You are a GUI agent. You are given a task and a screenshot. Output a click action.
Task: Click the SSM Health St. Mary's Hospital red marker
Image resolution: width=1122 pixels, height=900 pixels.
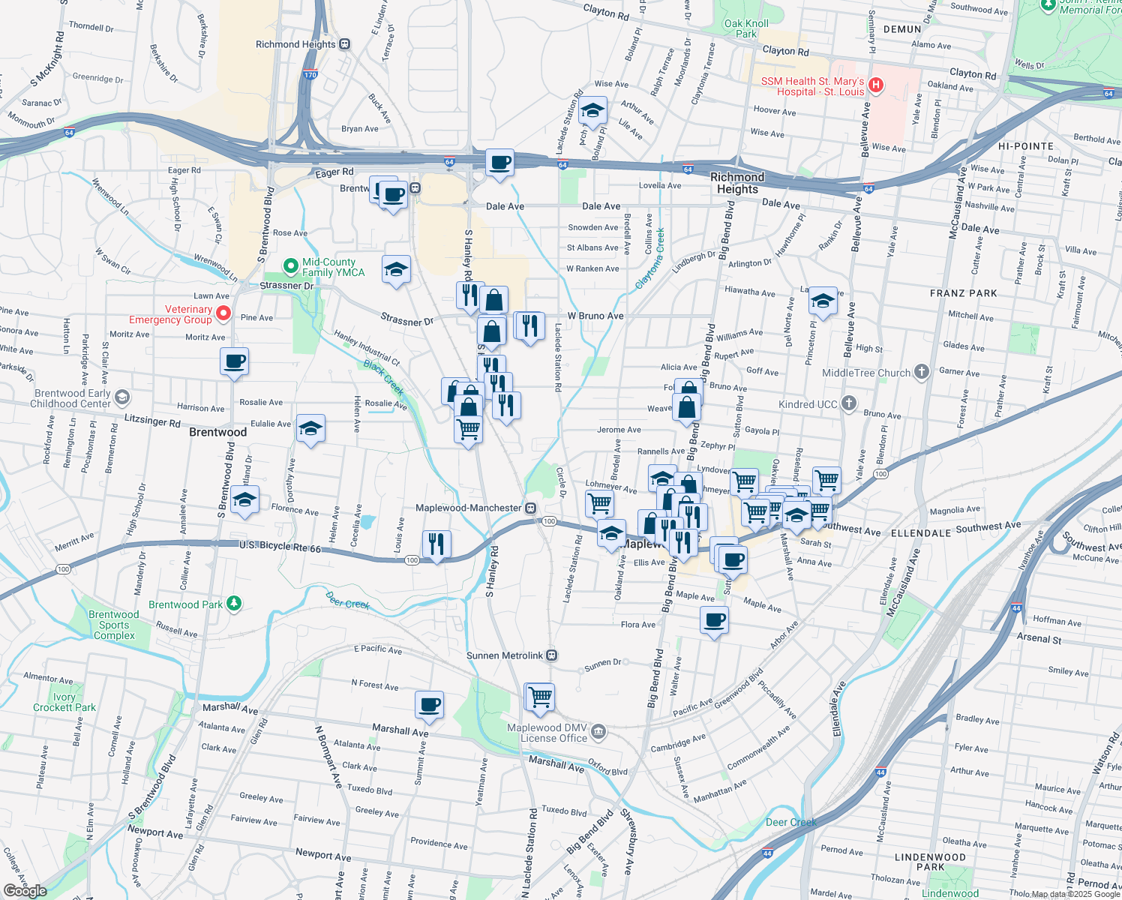coord(875,86)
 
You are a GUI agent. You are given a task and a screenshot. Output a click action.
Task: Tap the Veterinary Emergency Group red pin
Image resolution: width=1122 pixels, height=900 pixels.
coord(223,313)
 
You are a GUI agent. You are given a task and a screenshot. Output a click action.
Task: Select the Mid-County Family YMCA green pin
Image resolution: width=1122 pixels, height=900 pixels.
coord(290,266)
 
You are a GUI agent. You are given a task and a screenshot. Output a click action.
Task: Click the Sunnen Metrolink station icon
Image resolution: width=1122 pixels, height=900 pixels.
coord(552,655)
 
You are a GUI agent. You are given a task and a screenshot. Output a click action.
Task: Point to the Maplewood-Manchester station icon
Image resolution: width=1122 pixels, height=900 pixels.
coord(531,508)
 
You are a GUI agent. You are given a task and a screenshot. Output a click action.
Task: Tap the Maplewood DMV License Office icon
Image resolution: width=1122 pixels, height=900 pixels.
coord(598,732)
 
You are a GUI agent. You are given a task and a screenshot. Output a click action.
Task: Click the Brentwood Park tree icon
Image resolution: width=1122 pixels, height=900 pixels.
coord(234,603)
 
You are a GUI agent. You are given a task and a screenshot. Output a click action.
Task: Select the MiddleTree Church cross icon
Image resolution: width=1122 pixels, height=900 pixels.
coord(922,372)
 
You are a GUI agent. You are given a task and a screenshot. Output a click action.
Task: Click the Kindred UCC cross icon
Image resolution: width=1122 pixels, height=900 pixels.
coord(849,403)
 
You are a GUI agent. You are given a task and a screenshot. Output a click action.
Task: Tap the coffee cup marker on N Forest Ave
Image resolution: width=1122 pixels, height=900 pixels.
coord(430,704)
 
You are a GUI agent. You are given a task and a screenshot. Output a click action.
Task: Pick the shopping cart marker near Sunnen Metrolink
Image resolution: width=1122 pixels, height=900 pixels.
coord(540,697)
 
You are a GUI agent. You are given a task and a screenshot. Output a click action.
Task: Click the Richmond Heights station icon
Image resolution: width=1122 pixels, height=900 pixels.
coord(344,44)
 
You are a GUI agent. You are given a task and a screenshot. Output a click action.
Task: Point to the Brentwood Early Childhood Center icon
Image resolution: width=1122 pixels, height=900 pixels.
coord(122,397)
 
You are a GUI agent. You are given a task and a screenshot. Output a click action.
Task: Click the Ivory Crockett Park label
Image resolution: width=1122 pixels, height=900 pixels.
coord(64,702)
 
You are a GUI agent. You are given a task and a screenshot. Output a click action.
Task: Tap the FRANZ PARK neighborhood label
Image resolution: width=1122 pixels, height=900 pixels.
coord(963,293)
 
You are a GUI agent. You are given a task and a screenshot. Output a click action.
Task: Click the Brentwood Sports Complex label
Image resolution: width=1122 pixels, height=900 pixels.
coord(114,625)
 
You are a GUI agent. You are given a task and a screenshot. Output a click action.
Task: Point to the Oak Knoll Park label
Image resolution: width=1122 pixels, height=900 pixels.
coord(746,28)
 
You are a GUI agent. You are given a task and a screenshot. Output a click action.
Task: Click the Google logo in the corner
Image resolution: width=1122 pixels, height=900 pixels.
coord(25,890)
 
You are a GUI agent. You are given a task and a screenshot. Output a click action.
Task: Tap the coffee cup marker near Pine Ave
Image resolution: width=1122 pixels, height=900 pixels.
coord(235,361)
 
